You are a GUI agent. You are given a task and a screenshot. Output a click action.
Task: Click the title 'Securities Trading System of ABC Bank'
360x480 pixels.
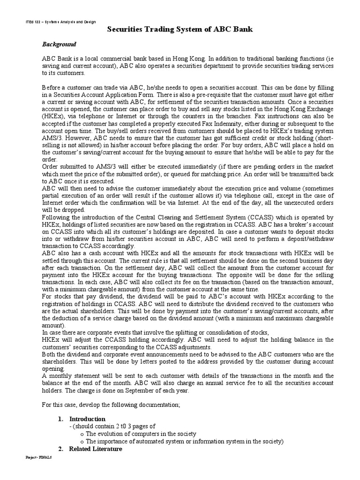pyautogui.click(x=180, y=30)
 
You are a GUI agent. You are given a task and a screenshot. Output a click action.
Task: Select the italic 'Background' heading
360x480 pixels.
pyautogui.click(x=59, y=44)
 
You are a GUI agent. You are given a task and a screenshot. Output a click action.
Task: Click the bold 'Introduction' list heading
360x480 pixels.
pyautogui.click(x=87, y=419)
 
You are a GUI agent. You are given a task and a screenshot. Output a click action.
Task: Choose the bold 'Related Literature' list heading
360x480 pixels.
pyautogui.click(x=96, y=449)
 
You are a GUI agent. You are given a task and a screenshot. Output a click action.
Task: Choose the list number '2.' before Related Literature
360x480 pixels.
pyautogui.click(x=60, y=449)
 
